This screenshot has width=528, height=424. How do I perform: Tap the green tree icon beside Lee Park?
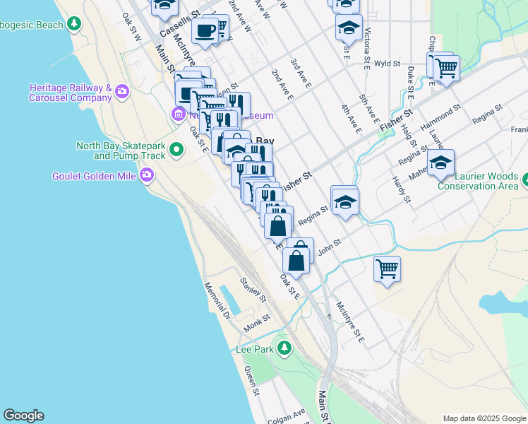tap(284, 348)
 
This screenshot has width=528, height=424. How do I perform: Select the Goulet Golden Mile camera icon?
tap(147, 175)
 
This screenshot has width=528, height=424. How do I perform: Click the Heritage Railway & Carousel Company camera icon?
tap(122, 91)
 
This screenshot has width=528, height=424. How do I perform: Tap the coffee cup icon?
tap(205, 31)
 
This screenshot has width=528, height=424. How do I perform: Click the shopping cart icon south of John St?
tap(387, 269)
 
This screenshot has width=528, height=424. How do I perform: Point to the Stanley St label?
tap(253, 290)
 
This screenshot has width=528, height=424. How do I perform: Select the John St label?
tap(330, 242)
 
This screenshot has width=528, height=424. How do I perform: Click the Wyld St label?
tap(388, 64)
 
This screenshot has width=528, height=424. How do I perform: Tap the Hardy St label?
tap(401, 189)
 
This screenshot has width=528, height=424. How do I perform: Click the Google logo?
tap(23, 416)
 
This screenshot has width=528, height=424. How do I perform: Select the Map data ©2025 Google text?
tap(484, 418)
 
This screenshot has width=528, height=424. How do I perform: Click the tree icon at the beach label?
tap(73, 24)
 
